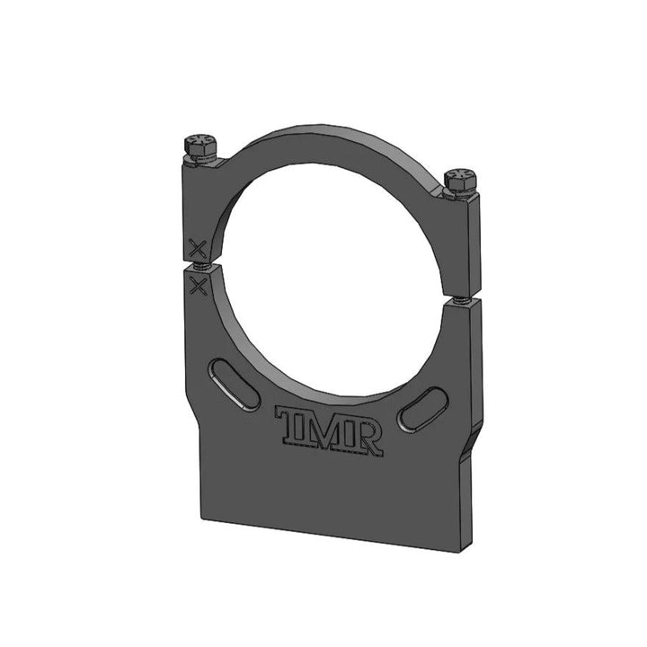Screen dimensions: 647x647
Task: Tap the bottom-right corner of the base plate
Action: [468, 548]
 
